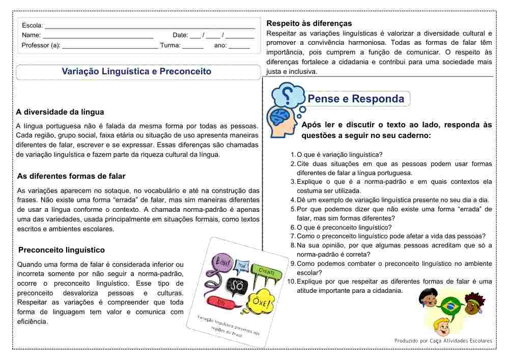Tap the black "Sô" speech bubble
click(236, 287)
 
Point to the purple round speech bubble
click(223, 262)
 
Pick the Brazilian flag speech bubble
click(450, 306)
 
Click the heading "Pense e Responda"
click(356, 99)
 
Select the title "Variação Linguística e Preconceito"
click(136, 72)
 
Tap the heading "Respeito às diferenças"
click(309, 23)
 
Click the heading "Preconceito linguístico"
click(61, 250)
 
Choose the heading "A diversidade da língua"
click(60, 112)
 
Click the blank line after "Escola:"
click(150, 25)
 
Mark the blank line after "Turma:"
click(193, 46)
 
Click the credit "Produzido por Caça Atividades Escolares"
click(443, 341)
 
